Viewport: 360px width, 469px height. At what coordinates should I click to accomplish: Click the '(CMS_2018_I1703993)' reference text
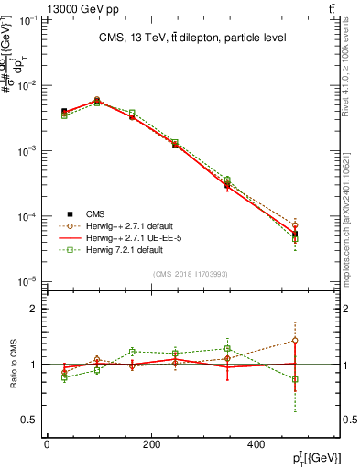(191, 274)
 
